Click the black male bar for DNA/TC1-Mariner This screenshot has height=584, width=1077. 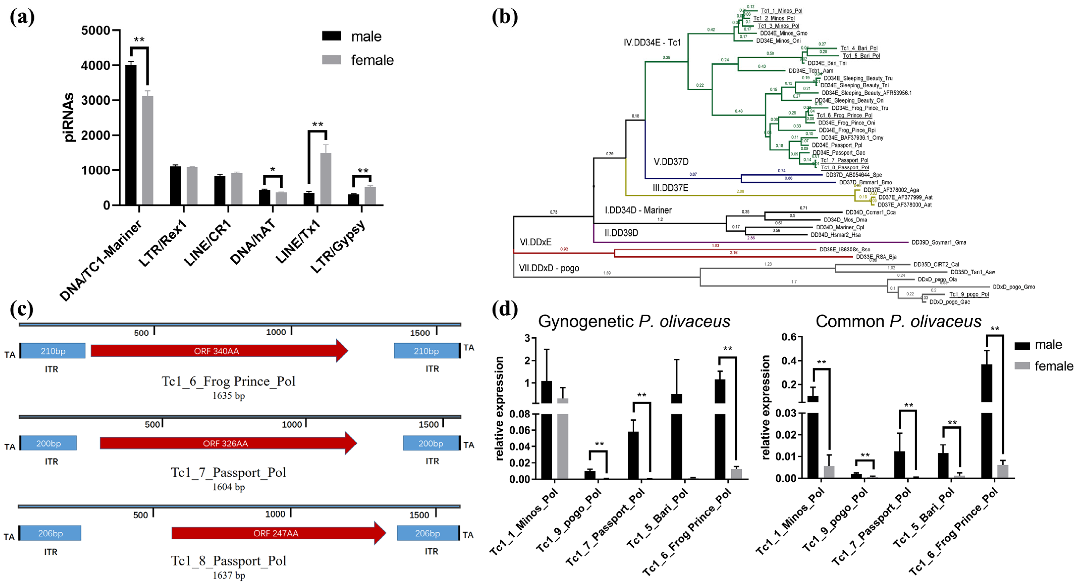point(131,135)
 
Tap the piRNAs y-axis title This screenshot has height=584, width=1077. point(68,117)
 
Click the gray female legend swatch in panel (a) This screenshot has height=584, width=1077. point(331,60)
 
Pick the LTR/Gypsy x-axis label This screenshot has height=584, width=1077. point(338,247)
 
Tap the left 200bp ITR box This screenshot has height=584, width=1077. point(49,443)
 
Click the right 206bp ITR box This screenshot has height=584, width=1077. point(427,533)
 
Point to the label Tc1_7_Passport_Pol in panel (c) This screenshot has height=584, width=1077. point(228,473)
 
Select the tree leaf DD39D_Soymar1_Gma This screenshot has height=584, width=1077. point(939,242)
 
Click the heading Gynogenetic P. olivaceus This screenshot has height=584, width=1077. point(634,321)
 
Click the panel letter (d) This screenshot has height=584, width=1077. point(505,310)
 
